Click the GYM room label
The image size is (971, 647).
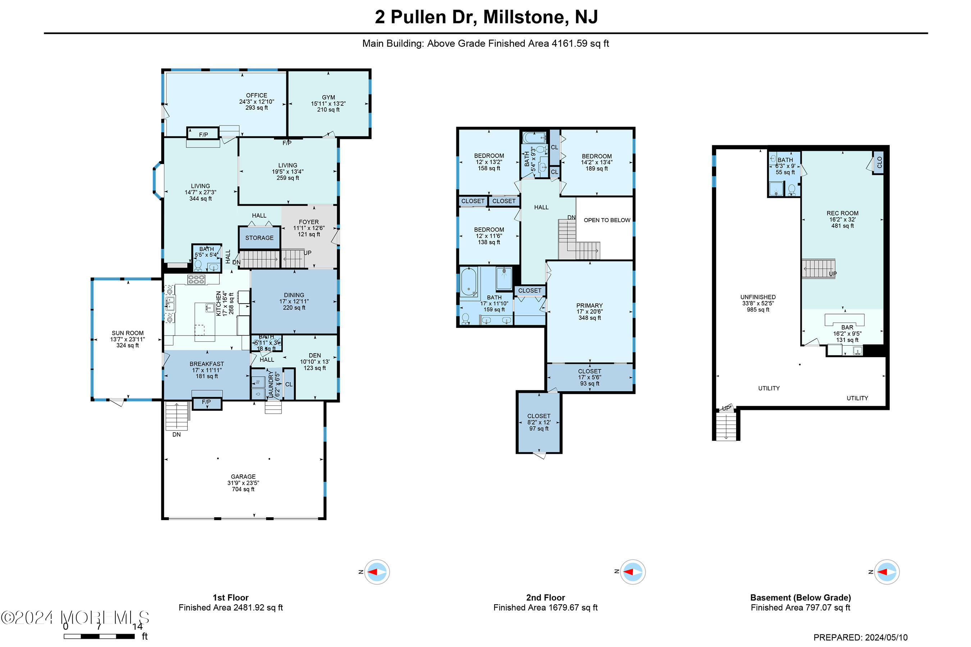pos(328,98)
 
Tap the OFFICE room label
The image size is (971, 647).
pos(256,95)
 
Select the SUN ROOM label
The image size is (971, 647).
pos(127,333)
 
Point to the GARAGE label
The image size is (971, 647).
pos(243,477)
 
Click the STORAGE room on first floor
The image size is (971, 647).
pos(259,238)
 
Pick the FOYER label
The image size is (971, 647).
pos(309,222)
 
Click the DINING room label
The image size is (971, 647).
pos(294,295)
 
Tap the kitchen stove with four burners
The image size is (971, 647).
pos(196,280)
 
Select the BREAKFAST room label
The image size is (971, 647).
pos(207,364)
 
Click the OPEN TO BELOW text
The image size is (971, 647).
pos(606,220)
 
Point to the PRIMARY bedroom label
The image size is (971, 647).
pos(589,306)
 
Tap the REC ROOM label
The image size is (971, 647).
pos(842,213)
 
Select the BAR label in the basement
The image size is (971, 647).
pos(847,328)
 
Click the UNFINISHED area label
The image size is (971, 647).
pos(757,297)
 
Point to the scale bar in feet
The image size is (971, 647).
pos(99,636)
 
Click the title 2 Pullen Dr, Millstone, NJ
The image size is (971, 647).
pos(485,17)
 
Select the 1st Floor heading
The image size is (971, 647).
pos(230,597)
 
